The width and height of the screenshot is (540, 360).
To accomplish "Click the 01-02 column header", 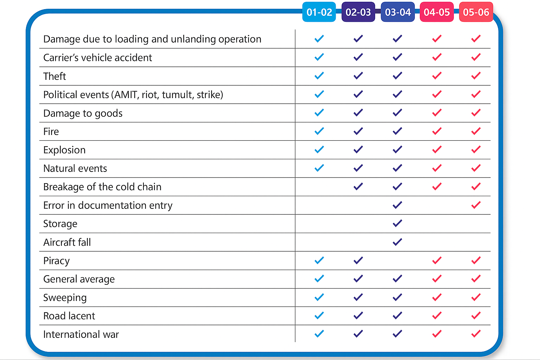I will pyautogui.click(x=319, y=12).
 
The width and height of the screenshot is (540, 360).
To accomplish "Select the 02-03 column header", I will pyautogui.click(x=358, y=12).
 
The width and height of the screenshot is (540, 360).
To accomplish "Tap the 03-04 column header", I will pyautogui.click(x=398, y=12).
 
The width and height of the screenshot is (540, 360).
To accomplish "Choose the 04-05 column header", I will pyautogui.click(x=437, y=12).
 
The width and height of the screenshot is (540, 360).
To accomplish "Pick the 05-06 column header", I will pyautogui.click(x=476, y=12).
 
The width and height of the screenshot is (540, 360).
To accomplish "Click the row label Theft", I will pyautogui.click(x=54, y=76).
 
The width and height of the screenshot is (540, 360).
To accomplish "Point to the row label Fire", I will pyautogui.click(x=51, y=131).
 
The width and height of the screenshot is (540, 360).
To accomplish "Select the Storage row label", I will pyautogui.click(x=60, y=224).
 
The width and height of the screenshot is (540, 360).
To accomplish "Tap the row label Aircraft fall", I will pyautogui.click(x=67, y=242).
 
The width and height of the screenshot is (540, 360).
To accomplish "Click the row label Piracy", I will pyautogui.click(x=56, y=261).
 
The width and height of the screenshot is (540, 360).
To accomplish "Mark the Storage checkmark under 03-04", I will pyautogui.click(x=397, y=223).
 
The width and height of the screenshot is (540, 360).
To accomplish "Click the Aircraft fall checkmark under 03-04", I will pyautogui.click(x=397, y=242).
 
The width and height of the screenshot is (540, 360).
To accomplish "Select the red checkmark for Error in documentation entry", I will pyautogui.click(x=476, y=205).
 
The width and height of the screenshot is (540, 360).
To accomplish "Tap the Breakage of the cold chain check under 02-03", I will pyautogui.click(x=358, y=186).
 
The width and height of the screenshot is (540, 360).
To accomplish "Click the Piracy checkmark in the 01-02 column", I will pyautogui.click(x=319, y=260).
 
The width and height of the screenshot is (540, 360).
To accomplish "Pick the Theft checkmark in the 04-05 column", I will pyautogui.click(x=437, y=76).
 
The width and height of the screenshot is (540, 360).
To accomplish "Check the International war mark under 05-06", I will pyautogui.click(x=476, y=334).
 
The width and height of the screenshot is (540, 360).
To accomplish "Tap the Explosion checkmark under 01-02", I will pyautogui.click(x=319, y=149).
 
